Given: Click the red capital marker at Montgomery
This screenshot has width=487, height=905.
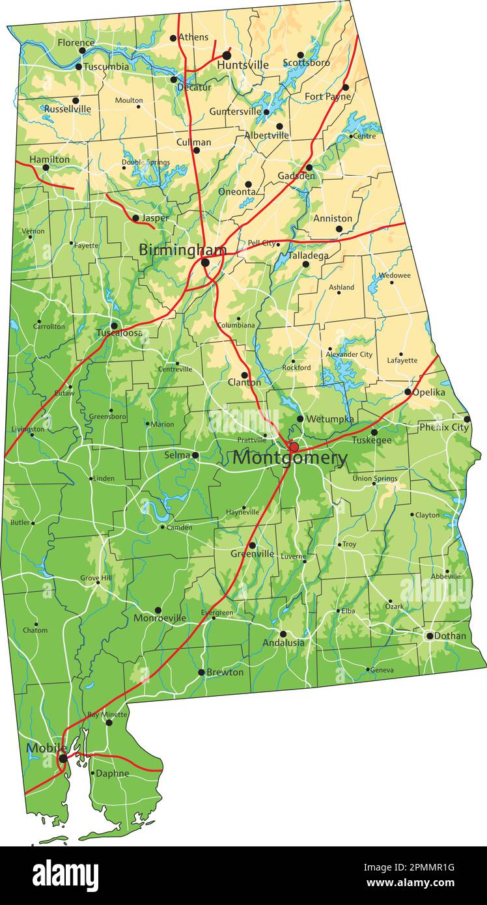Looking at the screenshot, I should [x=294, y=447].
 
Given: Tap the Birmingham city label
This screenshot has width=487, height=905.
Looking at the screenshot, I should [x=182, y=250].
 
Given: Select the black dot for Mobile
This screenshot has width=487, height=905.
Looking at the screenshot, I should [x=63, y=759].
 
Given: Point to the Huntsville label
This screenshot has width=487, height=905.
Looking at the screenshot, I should [x=243, y=65].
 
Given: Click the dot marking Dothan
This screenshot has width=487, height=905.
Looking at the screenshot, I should [x=430, y=635].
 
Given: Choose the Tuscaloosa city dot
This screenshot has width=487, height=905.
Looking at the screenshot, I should [x=114, y=326].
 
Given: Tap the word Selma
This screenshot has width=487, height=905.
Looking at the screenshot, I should [x=177, y=454].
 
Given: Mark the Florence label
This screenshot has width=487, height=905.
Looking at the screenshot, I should [x=76, y=42].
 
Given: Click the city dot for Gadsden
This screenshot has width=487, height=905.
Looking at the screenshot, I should [x=309, y=167].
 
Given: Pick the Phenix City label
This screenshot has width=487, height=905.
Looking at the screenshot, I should [x=443, y=428].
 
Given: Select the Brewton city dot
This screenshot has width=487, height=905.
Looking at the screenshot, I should [x=201, y=673].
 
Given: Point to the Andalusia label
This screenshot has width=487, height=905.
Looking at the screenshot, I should [x=283, y=643].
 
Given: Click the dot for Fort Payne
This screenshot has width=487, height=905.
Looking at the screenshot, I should [x=346, y=87].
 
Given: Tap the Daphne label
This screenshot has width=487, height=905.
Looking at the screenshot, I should [x=112, y=773].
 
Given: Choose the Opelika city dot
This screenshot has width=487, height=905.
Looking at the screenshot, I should [x=408, y=392].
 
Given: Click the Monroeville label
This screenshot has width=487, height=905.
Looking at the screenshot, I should [x=160, y=618].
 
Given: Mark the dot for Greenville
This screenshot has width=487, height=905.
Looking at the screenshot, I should [x=252, y=546].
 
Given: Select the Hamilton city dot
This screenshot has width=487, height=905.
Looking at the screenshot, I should [x=46, y=167].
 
